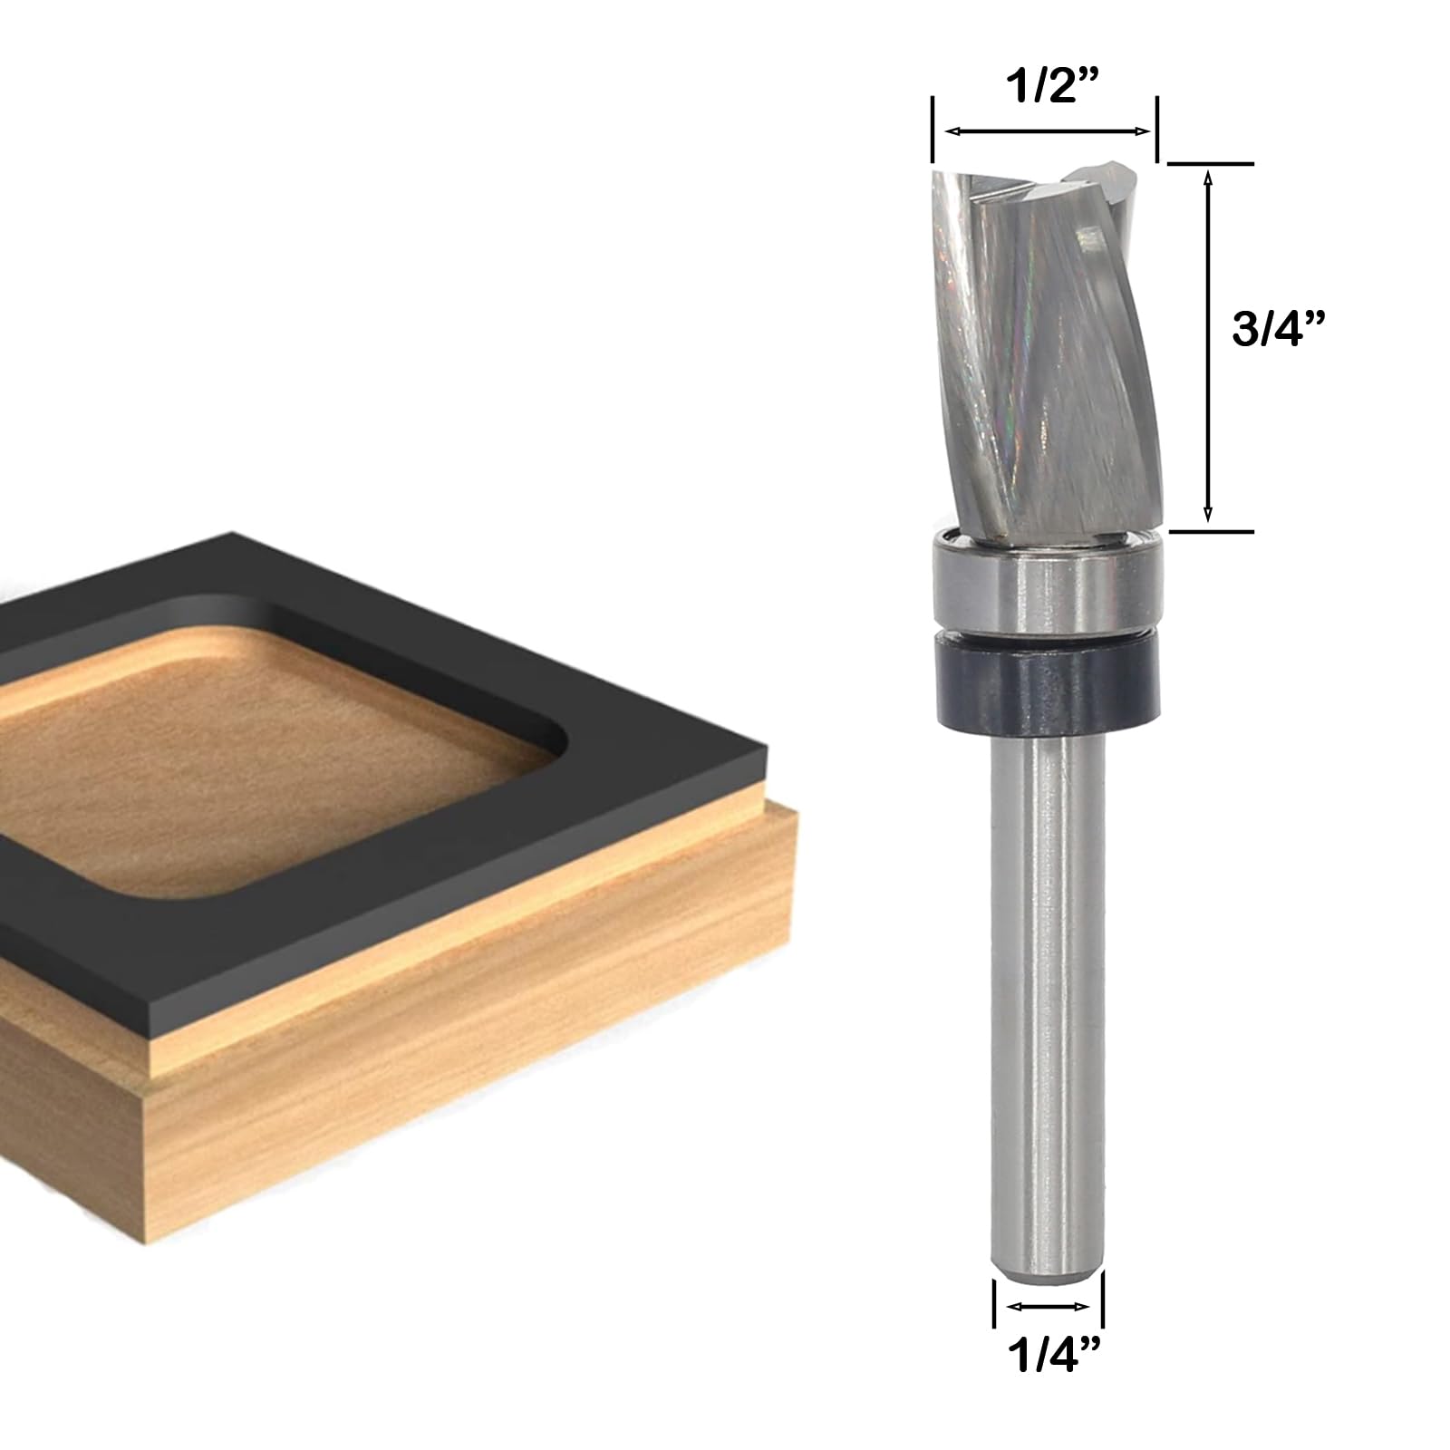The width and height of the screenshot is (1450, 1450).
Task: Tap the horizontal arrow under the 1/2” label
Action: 1048,132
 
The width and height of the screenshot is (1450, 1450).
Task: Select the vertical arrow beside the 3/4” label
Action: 1208,347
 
